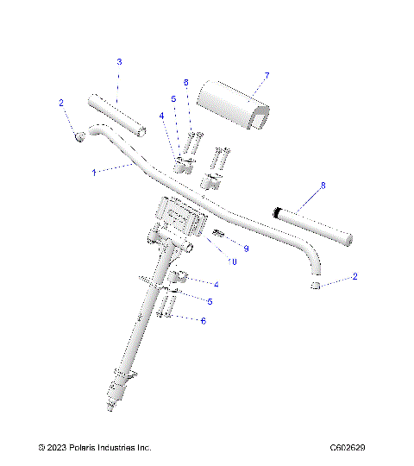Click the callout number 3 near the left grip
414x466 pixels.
click(119, 62)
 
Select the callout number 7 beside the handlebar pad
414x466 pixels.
click(267, 76)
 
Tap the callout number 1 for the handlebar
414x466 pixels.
click(93, 173)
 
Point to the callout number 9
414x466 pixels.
click(246, 249)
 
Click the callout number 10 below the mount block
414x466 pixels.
click(233, 261)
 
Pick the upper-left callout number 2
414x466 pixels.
click(61, 103)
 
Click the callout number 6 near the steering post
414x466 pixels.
click(203, 320)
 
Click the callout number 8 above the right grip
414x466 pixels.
click(323, 185)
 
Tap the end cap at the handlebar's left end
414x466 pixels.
click(78, 136)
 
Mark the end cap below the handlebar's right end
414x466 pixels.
click(317, 286)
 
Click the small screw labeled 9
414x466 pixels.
click(219, 235)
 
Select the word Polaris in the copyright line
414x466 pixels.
click(91, 448)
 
